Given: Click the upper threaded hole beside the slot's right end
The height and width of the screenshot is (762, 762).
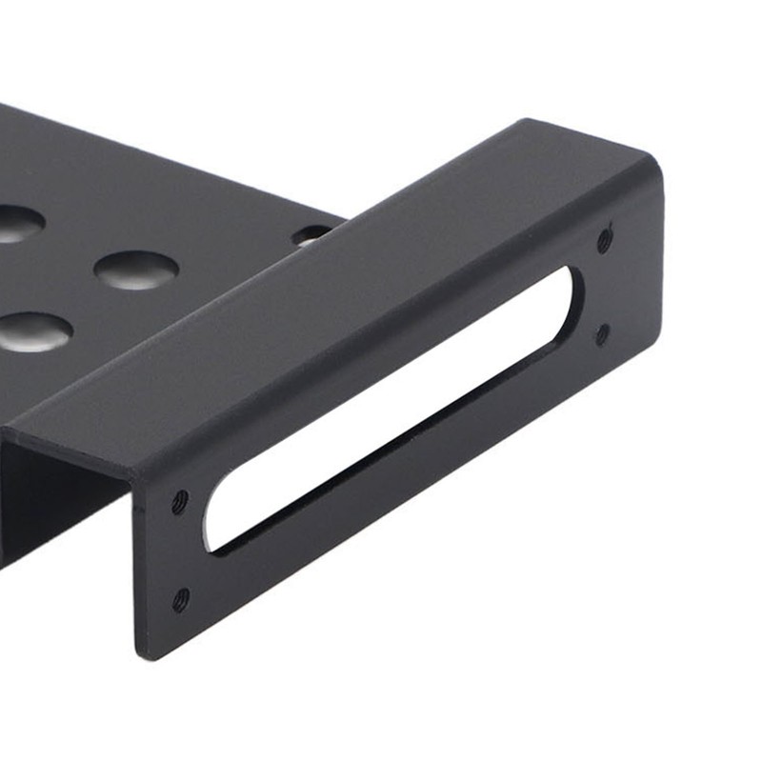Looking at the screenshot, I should tap(604, 240).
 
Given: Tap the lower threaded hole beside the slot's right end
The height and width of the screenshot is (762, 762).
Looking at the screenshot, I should tap(602, 332).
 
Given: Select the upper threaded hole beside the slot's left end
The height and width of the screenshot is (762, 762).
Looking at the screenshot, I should tap(179, 503).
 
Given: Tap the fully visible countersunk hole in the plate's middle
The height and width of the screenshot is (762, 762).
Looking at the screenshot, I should tap(135, 271).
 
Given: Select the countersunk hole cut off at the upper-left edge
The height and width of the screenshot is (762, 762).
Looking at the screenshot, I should tap(17, 223).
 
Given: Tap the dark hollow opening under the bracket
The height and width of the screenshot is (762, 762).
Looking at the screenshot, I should tap(57, 505).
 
